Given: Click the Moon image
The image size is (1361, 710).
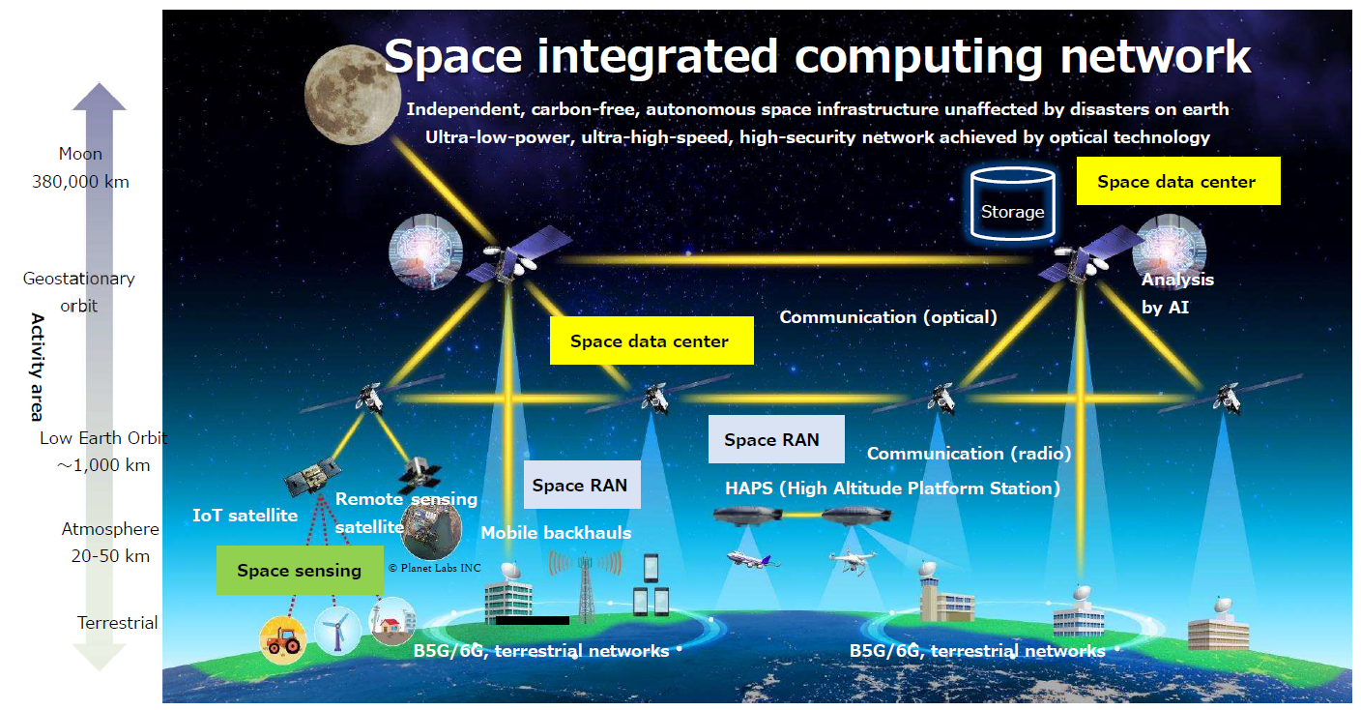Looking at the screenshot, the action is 353,96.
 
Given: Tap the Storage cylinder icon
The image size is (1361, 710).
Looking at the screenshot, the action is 1012,204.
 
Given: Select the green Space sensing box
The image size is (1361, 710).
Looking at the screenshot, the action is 300,570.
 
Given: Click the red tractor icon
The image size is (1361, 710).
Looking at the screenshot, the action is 283,639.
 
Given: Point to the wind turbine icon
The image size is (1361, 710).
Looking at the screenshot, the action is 336,631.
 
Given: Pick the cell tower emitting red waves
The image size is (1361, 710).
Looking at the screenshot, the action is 585,586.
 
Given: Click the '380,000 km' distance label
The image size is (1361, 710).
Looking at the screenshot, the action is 81,182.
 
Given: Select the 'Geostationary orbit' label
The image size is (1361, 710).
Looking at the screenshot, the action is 79,292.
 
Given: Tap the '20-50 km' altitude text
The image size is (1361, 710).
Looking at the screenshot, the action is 110,556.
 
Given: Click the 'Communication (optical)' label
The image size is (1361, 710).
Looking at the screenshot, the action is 888,316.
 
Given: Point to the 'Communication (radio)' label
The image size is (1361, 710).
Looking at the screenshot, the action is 969,454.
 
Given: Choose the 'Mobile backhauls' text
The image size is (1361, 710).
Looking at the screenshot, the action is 556,533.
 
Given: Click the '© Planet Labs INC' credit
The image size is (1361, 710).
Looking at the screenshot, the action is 434,568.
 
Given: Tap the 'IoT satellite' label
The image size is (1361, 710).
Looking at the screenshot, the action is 245,516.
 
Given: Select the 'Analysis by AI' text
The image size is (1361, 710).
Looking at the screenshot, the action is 1177,293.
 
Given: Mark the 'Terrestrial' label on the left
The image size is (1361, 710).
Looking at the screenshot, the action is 117,623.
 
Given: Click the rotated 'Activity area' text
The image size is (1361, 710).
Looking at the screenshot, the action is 38,368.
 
